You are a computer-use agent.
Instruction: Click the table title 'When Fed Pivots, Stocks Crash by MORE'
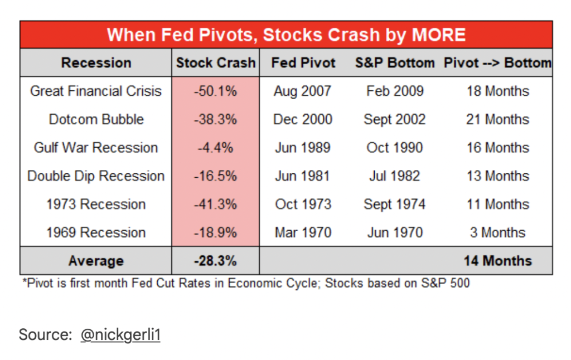[x=286, y=35]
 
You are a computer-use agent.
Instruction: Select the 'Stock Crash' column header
[x=216, y=63]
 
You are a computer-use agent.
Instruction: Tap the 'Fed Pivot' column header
[x=303, y=63]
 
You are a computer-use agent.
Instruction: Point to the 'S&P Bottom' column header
[x=395, y=63]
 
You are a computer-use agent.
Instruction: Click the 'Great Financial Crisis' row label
[x=96, y=91]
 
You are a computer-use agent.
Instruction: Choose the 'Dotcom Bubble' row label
[x=96, y=120]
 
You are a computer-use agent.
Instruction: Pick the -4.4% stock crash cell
[x=215, y=148]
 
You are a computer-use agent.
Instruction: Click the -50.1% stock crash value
[x=215, y=91]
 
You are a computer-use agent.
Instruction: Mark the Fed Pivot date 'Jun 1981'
[x=303, y=176]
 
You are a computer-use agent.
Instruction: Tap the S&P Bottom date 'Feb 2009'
[x=395, y=91]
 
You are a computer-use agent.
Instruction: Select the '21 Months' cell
[x=497, y=120]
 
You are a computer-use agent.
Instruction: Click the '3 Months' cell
[x=497, y=232]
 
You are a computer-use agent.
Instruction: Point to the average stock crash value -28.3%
[x=215, y=261]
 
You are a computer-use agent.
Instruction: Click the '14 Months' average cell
[x=497, y=261]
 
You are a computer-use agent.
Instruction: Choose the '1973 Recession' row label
[x=96, y=205]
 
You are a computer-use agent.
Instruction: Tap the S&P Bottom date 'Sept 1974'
[x=395, y=205]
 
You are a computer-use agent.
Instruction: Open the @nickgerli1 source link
[x=120, y=335]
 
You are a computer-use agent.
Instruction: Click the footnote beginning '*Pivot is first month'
[x=246, y=283]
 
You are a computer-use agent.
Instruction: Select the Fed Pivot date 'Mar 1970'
[x=303, y=232]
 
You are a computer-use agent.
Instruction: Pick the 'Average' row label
[x=96, y=261]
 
